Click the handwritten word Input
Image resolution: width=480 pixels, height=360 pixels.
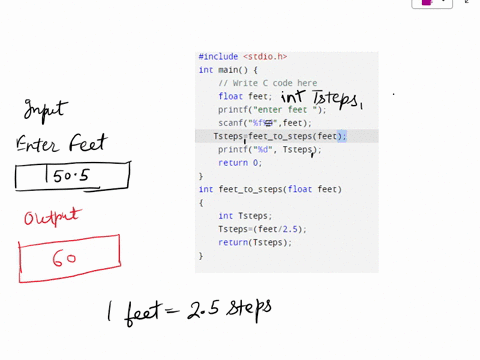(x=45, y=108)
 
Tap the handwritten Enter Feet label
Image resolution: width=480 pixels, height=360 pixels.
(x=61, y=143)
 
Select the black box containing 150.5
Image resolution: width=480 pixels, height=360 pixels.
(x=72, y=177)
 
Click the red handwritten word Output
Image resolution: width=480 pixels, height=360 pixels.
(x=52, y=216)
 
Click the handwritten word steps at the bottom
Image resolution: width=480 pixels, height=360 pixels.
(x=249, y=307)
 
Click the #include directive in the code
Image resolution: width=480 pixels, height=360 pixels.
(x=219, y=57)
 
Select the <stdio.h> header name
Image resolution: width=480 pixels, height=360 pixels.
(x=265, y=57)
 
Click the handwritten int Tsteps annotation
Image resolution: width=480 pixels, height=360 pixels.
(x=320, y=98)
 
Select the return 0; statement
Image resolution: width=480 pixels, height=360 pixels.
(x=239, y=162)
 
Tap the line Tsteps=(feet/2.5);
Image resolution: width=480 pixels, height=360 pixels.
(x=262, y=229)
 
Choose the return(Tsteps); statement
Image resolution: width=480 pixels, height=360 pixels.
(x=255, y=242)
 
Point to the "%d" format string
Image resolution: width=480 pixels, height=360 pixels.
(x=262, y=149)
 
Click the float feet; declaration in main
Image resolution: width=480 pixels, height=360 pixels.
(x=245, y=97)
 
